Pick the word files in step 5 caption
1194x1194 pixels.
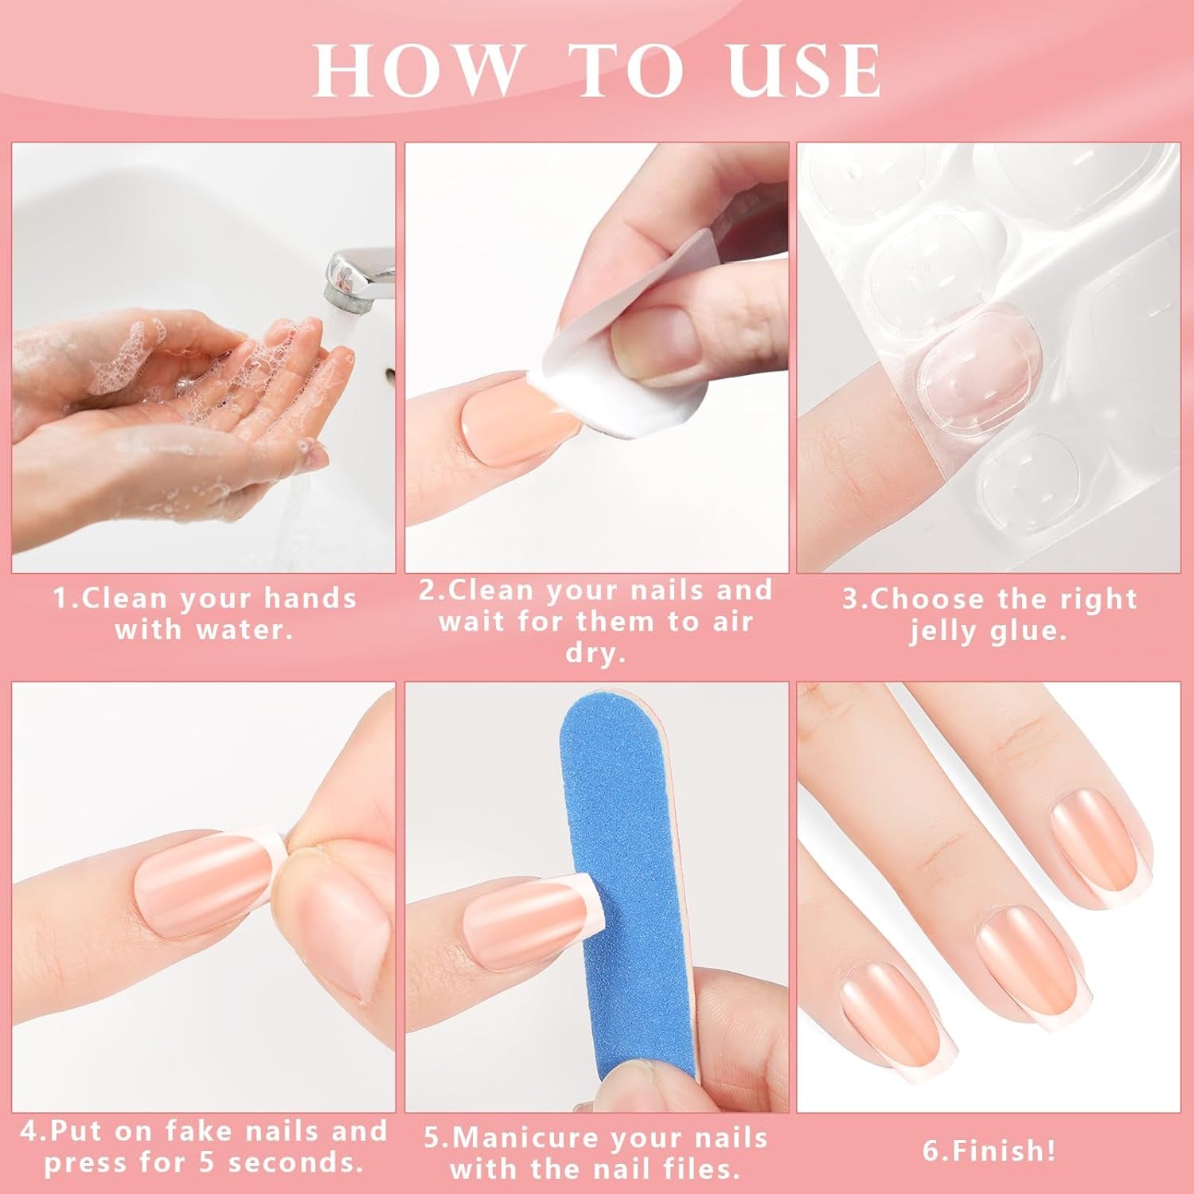click(x=696, y=1169)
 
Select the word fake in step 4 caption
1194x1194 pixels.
click(x=211, y=1130)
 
